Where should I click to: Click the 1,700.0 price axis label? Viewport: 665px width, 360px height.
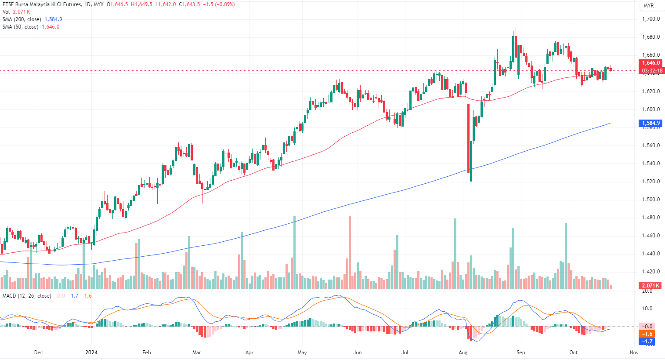click(651, 19)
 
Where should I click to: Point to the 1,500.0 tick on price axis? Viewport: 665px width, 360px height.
click(651, 200)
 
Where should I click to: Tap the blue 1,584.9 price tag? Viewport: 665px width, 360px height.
click(651, 123)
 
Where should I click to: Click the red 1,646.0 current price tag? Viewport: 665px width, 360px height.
click(651, 63)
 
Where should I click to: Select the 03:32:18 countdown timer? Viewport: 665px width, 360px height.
click(652, 70)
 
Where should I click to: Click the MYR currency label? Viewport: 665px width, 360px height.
click(648, 6)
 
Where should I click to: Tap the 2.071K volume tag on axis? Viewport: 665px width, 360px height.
click(651, 286)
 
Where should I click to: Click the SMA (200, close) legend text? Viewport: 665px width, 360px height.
click(22, 19)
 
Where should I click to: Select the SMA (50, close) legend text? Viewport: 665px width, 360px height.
click(20, 27)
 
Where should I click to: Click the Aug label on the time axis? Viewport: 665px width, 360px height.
click(463, 353)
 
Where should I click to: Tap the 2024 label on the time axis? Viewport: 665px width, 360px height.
click(91, 353)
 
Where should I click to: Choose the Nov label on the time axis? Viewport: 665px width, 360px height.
click(634, 353)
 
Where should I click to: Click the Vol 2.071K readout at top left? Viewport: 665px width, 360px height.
click(16, 12)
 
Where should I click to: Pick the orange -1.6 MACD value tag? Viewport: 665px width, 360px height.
click(647, 334)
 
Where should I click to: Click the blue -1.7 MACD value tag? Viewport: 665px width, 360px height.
click(647, 341)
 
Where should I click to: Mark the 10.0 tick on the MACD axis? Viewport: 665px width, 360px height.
click(647, 309)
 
